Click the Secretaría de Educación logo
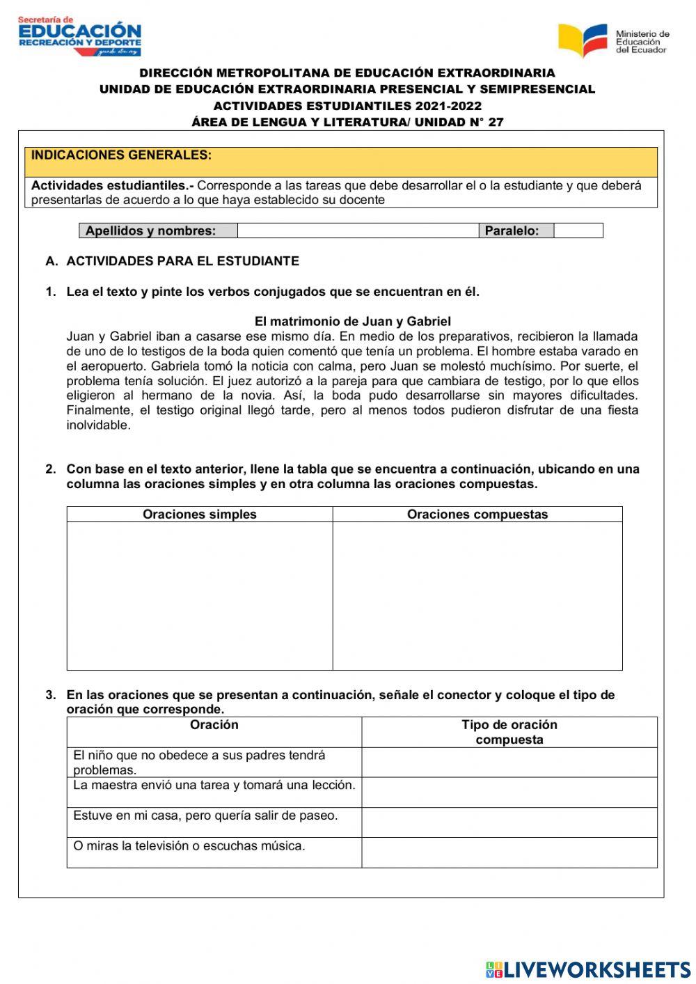pyautogui.click(x=79, y=36)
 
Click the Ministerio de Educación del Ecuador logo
pyautogui.click(x=613, y=41)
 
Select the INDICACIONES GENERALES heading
pyautogui.click(x=122, y=155)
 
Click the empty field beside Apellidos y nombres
pyautogui.click(x=358, y=231)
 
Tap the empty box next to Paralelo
pyautogui.click(x=578, y=231)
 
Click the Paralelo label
pyautogui.click(x=512, y=231)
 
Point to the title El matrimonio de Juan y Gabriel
pyautogui.click(x=352, y=321)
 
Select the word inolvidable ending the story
pyautogui.click(x=98, y=425)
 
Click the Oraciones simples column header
pyautogui.click(x=200, y=515)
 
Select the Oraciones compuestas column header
pyautogui.click(x=477, y=515)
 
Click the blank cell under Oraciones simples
pyautogui.click(x=200, y=595)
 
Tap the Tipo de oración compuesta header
pyautogui.click(x=509, y=732)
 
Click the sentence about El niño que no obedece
pyautogui.click(x=199, y=763)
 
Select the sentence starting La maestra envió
pyautogui.click(x=214, y=786)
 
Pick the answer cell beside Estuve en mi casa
pyautogui.click(x=509, y=822)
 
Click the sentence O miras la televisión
pyautogui.click(x=189, y=846)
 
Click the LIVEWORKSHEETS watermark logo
pyautogui.click(x=588, y=969)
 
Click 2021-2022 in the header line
pyautogui.click(x=448, y=106)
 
